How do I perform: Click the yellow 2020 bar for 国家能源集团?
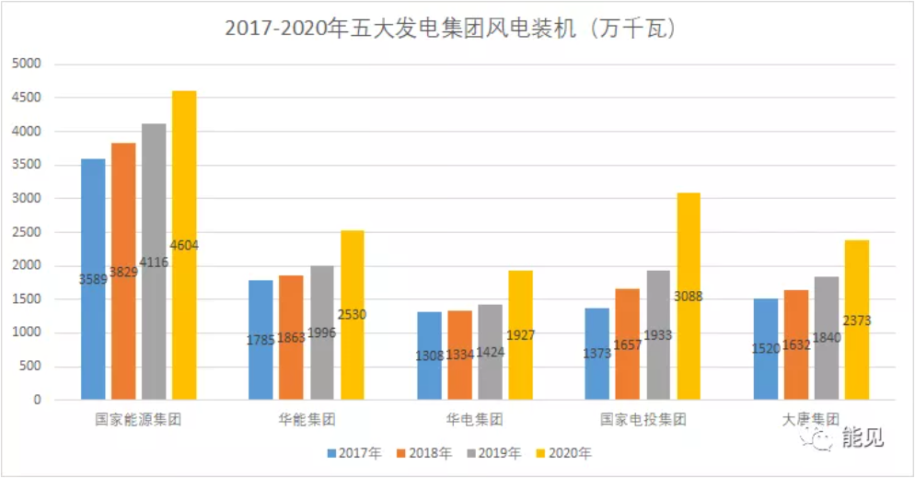click(x=184, y=184)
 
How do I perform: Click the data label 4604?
click(x=184, y=246)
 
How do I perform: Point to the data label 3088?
click(x=688, y=297)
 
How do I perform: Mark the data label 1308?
click(x=429, y=354)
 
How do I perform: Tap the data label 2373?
click(x=856, y=321)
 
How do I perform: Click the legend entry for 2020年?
click(x=564, y=452)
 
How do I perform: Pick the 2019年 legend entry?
click(x=495, y=452)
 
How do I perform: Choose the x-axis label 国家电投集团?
click(x=643, y=420)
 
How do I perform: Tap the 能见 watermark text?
click(x=863, y=438)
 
